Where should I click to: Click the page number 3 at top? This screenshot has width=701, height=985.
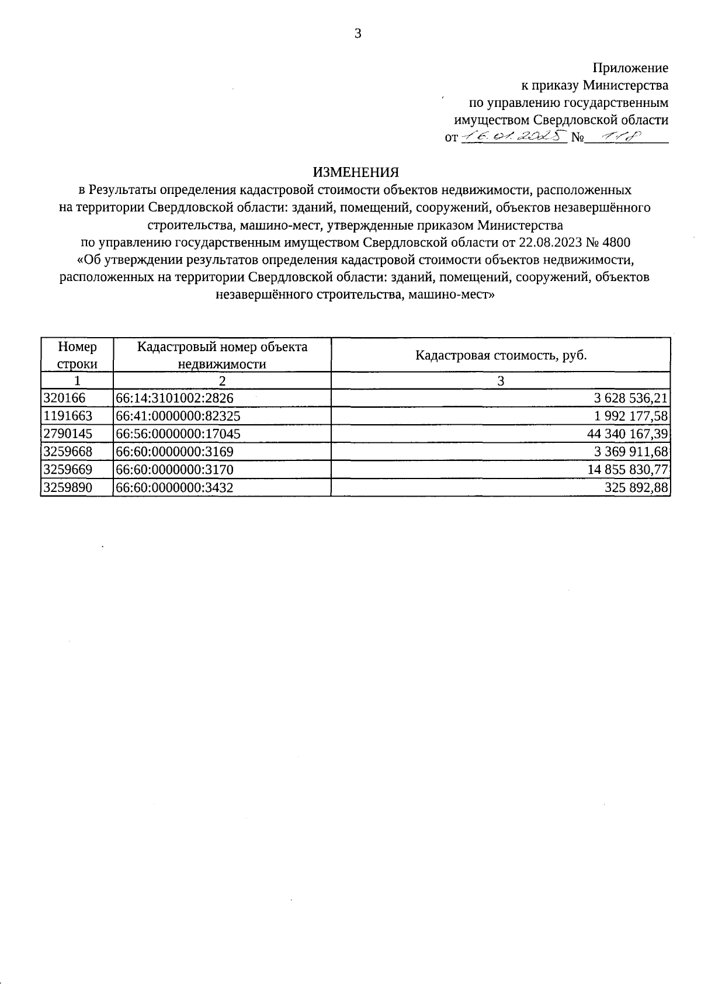pos(358,34)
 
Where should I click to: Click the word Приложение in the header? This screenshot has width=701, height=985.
pos(630,68)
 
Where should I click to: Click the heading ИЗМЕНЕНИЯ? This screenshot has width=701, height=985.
pos(356,172)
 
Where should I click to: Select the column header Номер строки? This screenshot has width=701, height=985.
pos(77,355)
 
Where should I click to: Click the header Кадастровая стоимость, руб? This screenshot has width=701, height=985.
pos(501,355)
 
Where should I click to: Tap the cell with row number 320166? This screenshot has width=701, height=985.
pos(64,398)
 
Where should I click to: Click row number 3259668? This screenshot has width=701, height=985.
pos(68,452)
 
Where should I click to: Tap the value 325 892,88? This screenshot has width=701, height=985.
pos(636,488)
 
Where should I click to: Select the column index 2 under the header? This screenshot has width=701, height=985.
pos(222,381)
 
